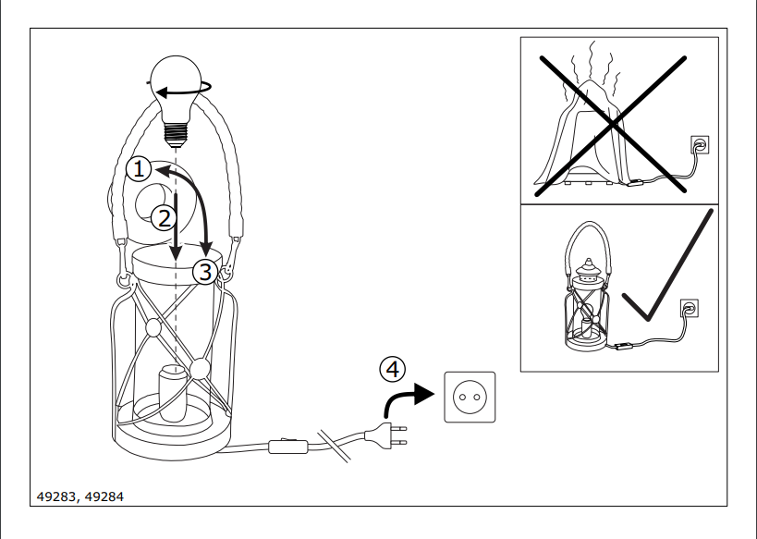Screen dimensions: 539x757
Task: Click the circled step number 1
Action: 138,168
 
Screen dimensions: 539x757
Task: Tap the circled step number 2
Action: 163,218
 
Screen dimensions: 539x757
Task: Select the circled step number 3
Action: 204,272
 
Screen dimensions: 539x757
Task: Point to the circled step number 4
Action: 392,369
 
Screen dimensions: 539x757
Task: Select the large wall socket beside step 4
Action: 470,397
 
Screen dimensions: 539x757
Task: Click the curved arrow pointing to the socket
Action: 407,398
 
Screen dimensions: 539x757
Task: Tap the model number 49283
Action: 56,497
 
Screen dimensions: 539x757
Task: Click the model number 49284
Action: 104,497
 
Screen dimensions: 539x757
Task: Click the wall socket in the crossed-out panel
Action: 700,145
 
